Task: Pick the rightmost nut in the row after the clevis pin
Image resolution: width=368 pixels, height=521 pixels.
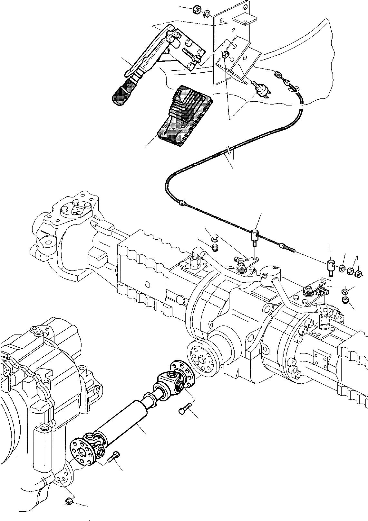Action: coord(358,274)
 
